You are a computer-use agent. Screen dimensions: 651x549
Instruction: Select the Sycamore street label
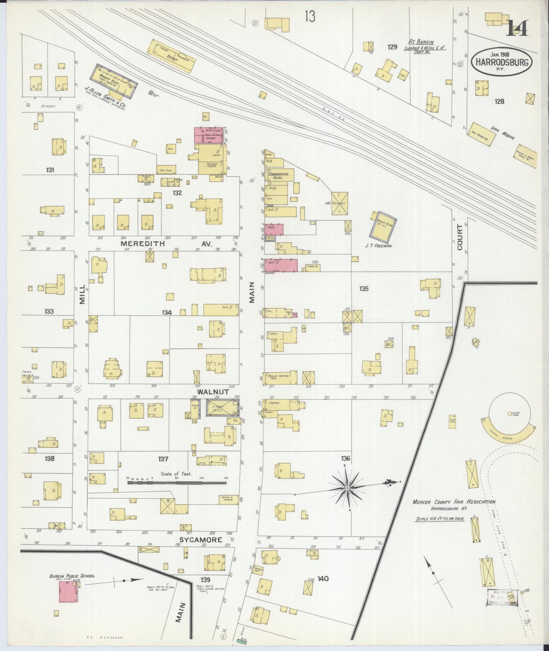coord(201,540)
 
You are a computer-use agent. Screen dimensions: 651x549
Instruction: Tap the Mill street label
coord(82,298)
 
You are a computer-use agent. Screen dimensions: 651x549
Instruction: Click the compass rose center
coord(347,488)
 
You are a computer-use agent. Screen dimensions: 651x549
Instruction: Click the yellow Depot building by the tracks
coord(172,56)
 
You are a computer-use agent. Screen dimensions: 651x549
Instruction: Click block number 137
coord(163,459)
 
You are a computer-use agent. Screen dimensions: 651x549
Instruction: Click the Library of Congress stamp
coord(502,598)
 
